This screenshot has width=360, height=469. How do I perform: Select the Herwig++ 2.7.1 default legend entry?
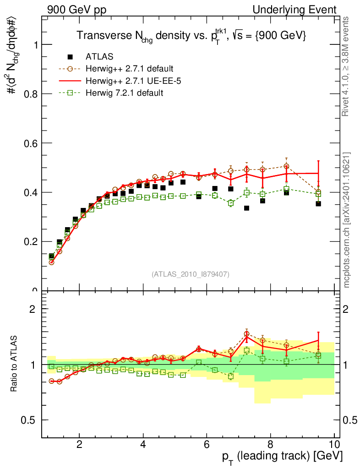(129, 69)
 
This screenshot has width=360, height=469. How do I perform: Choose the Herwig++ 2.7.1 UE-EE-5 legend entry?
(128, 81)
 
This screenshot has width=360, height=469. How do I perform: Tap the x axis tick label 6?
(207, 444)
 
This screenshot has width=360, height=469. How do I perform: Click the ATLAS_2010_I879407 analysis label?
(191, 274)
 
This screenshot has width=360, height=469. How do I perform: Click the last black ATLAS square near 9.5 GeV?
(318, 203)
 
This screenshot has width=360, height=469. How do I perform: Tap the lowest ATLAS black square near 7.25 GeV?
(247, 208)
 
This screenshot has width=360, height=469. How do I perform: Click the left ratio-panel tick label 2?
(32, 309)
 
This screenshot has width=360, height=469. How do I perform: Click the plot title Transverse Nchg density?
(191, 36)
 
